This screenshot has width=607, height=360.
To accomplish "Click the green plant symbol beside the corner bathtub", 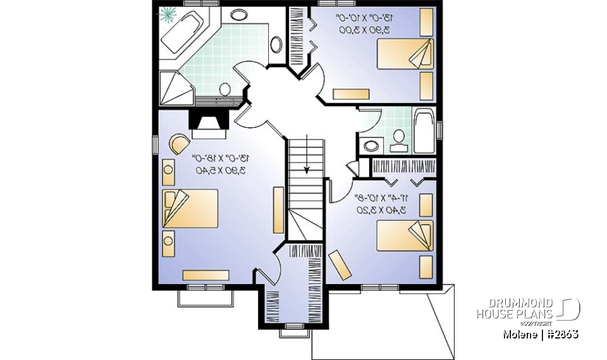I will tap(169, 15).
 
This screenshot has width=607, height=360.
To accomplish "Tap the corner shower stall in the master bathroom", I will tap(171, 87).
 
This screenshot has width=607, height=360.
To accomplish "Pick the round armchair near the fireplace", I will tap(179, 144).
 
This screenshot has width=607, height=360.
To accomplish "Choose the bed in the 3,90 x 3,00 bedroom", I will tap(405, 54).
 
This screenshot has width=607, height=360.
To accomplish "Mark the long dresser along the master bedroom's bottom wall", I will tap(205, 275).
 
